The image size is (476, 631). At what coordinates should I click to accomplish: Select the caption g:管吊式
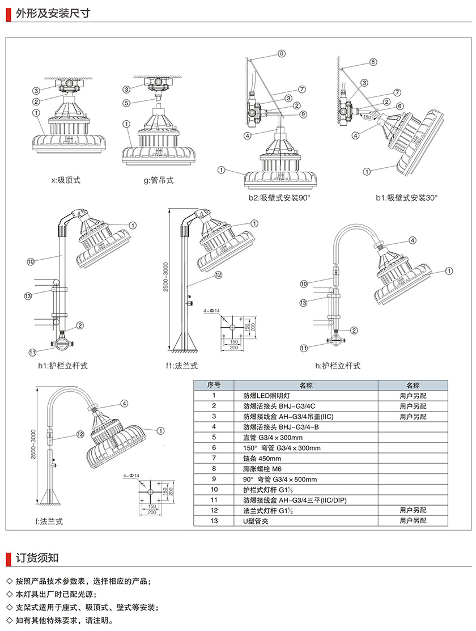[158, 180]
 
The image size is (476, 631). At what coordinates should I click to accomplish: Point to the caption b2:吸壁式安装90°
[279, 197]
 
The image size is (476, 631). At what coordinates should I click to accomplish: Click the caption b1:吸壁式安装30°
[406, 197]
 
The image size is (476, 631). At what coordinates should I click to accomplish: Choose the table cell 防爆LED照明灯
[266, 396]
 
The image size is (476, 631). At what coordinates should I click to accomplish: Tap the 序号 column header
[214, 386]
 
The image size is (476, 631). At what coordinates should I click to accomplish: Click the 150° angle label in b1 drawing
[366, 117]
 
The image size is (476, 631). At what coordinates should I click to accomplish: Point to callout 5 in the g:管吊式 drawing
[127, 103]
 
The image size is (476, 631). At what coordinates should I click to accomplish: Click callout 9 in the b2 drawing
[303, 114]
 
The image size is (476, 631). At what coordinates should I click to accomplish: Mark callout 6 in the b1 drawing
[399, 106]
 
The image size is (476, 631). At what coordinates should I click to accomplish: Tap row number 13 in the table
[214, 520]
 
